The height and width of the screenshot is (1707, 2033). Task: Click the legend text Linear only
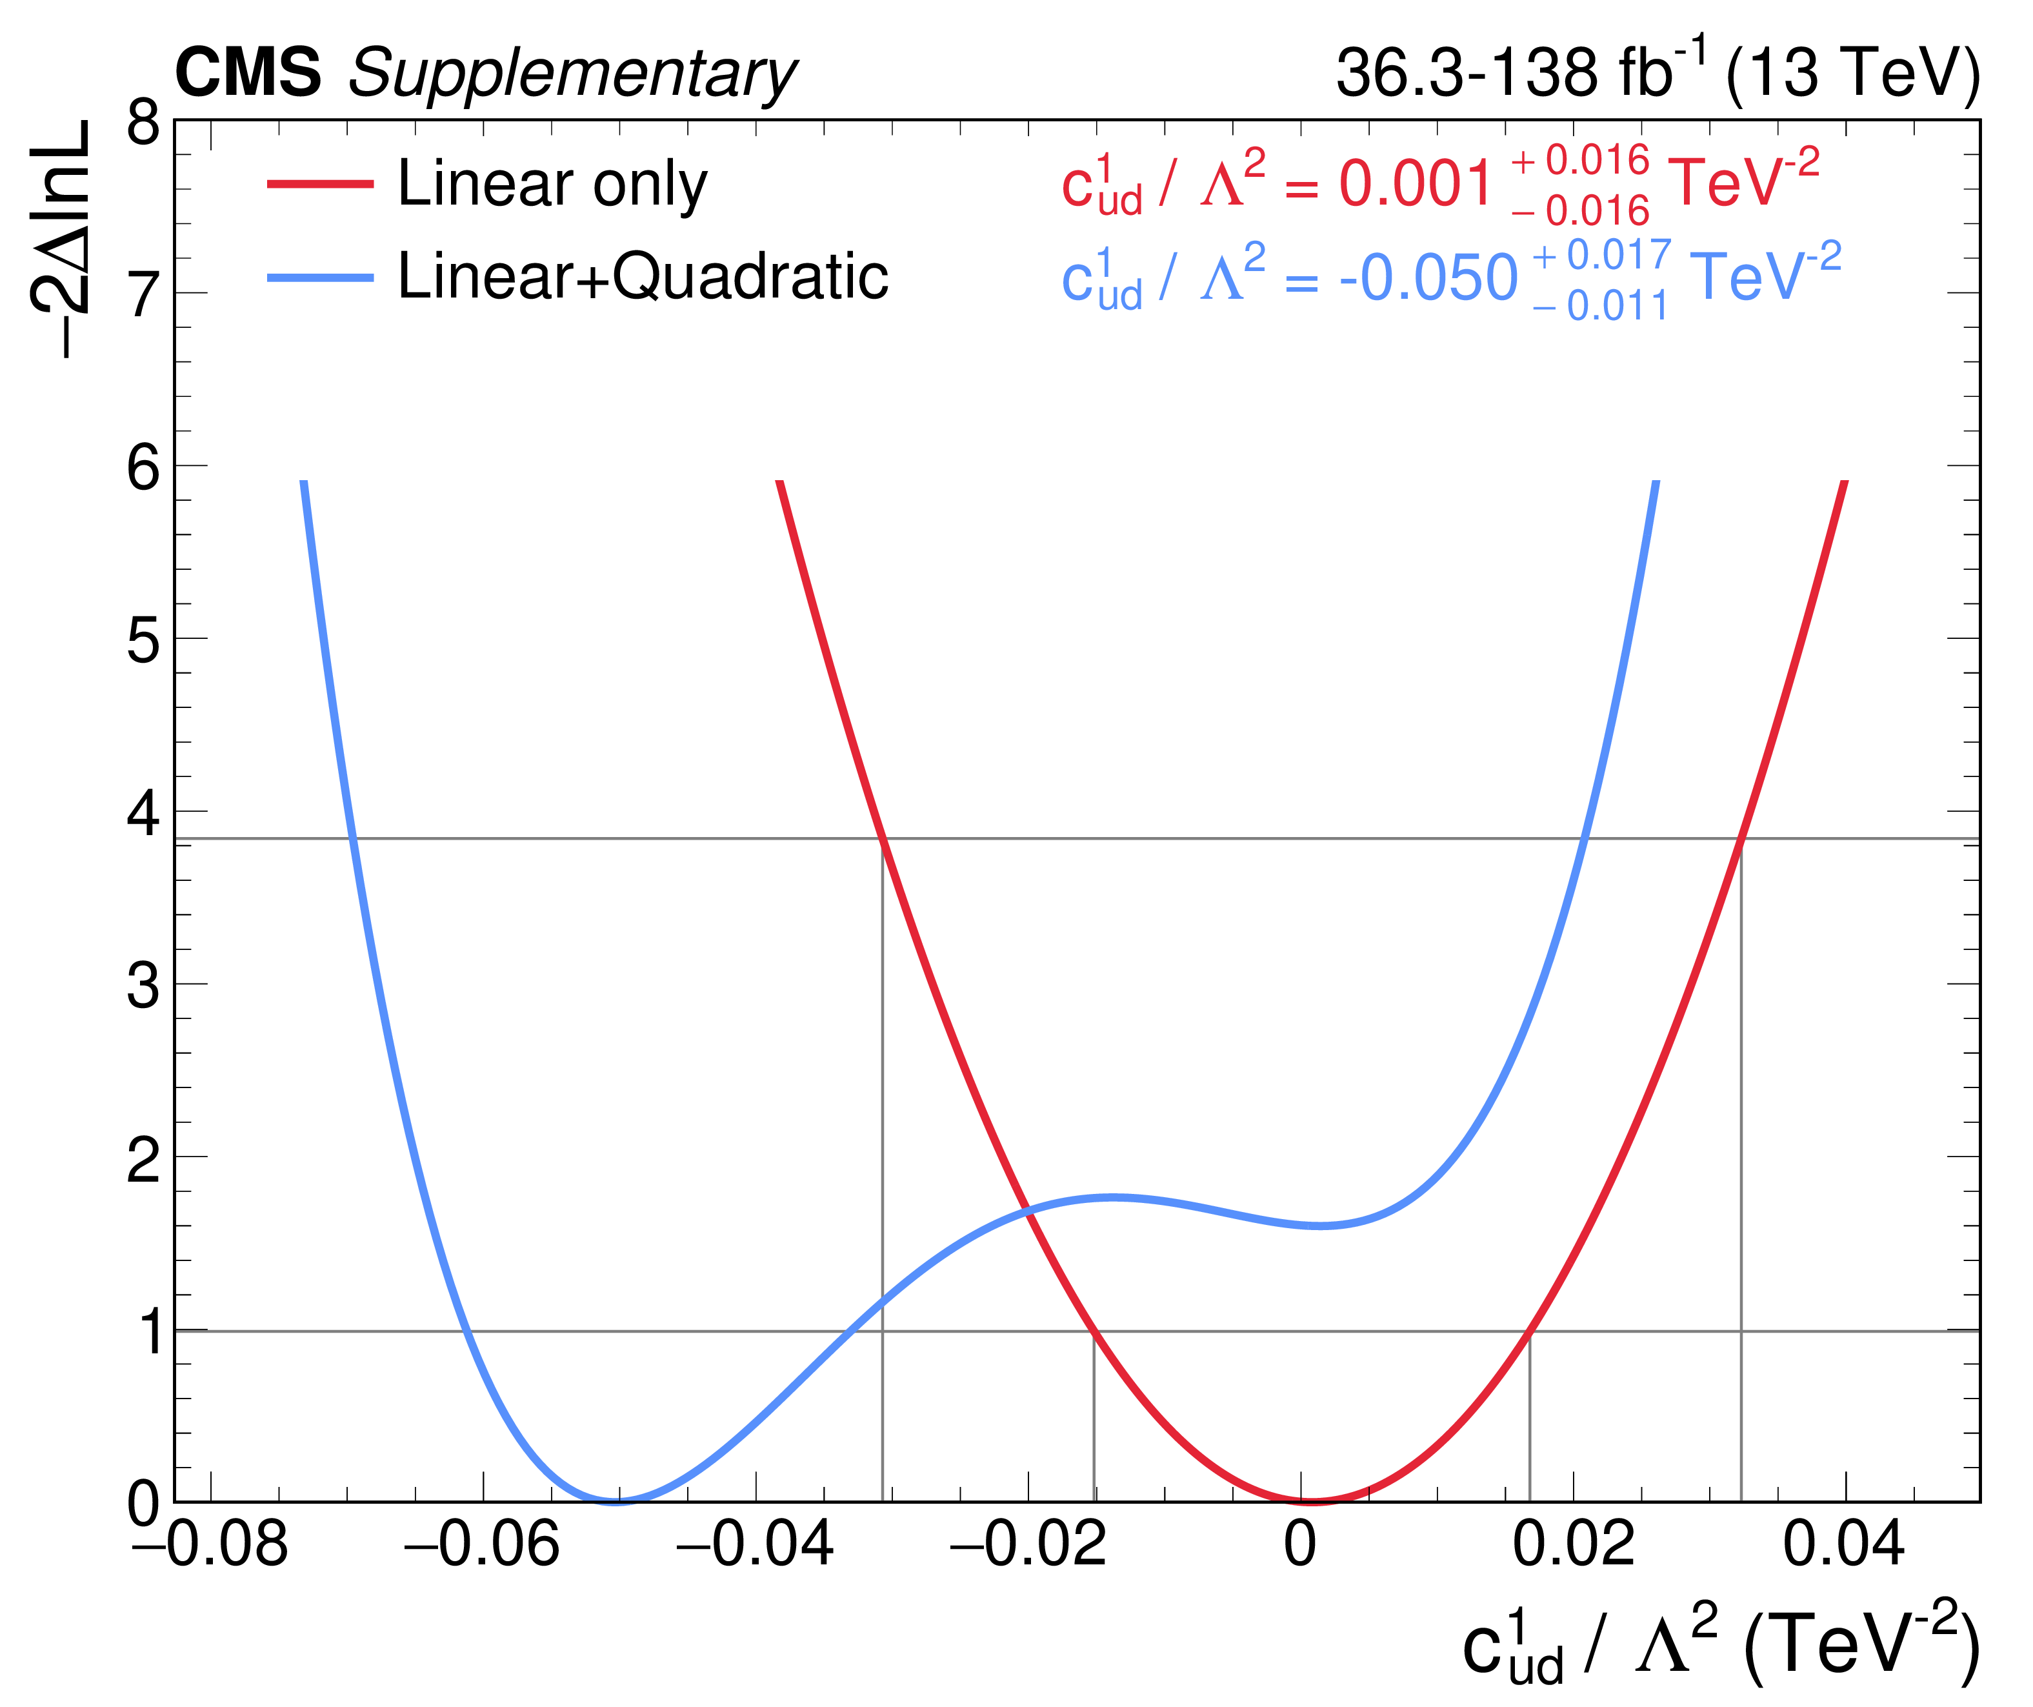click(552, 184)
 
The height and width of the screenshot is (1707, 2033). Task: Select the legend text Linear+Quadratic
click(643, 277)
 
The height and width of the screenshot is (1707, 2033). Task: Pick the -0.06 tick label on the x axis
click(482, 1543)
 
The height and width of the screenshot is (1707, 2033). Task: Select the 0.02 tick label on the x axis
click(1573, 1543)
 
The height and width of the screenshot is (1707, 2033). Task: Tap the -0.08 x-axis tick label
click(210, 1543)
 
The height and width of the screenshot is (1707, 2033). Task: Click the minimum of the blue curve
click(616, 1500)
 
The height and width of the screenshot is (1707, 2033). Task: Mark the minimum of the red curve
click(1311, 1500)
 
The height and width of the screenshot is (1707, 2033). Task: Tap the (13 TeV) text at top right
click(1852, 73)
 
